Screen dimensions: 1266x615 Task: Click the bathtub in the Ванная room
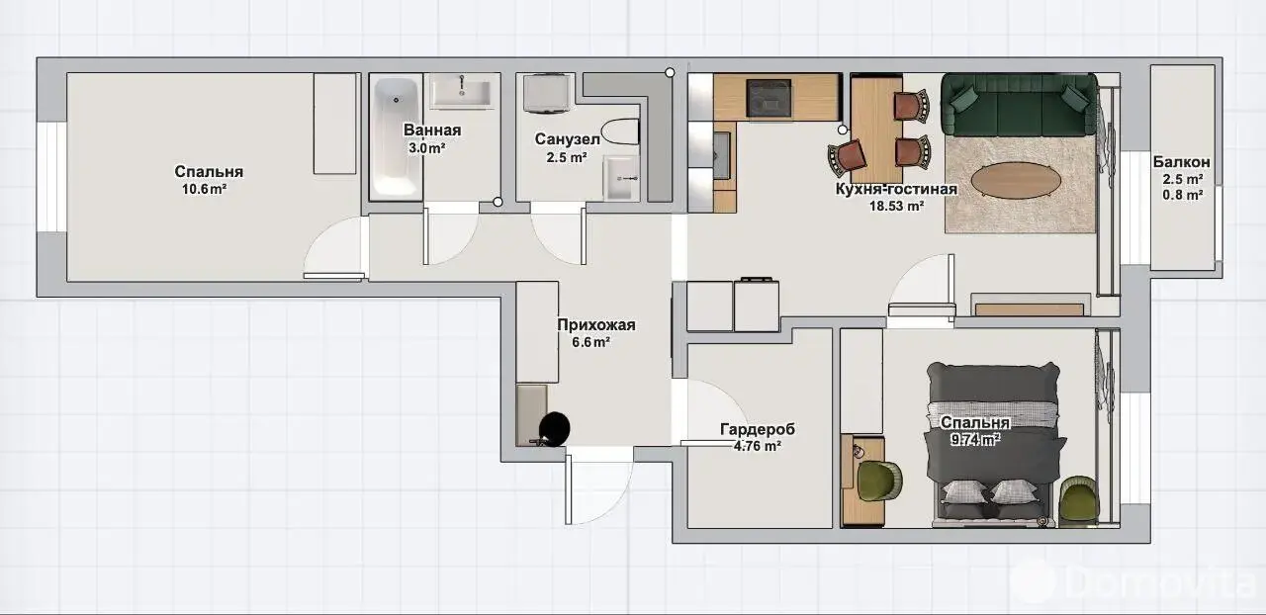tap(396, 137)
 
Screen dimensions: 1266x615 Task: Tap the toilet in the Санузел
tap(620, 132)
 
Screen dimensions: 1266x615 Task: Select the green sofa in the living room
tap(1019, 105)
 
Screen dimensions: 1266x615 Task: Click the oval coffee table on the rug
tap(1016, 181)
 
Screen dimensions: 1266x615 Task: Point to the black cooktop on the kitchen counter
tap(769, 98)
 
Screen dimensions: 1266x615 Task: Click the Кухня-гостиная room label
tap(896, 189)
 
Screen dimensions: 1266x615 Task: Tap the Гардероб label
tap(758, 429)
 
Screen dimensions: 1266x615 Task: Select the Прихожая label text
tap(596, 325)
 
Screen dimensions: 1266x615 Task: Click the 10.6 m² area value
tap(204, 189)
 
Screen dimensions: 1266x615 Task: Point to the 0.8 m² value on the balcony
tap(1182, 195)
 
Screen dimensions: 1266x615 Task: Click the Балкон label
tap(1182, 162)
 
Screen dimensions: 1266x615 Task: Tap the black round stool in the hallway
tap(554, 427)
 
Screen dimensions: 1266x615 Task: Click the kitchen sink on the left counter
tap(721, 155)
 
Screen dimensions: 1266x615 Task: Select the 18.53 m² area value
tap(896, 206)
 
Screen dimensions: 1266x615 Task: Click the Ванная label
tap(432, 130)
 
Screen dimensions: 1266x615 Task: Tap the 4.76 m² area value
tap(758, 446)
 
